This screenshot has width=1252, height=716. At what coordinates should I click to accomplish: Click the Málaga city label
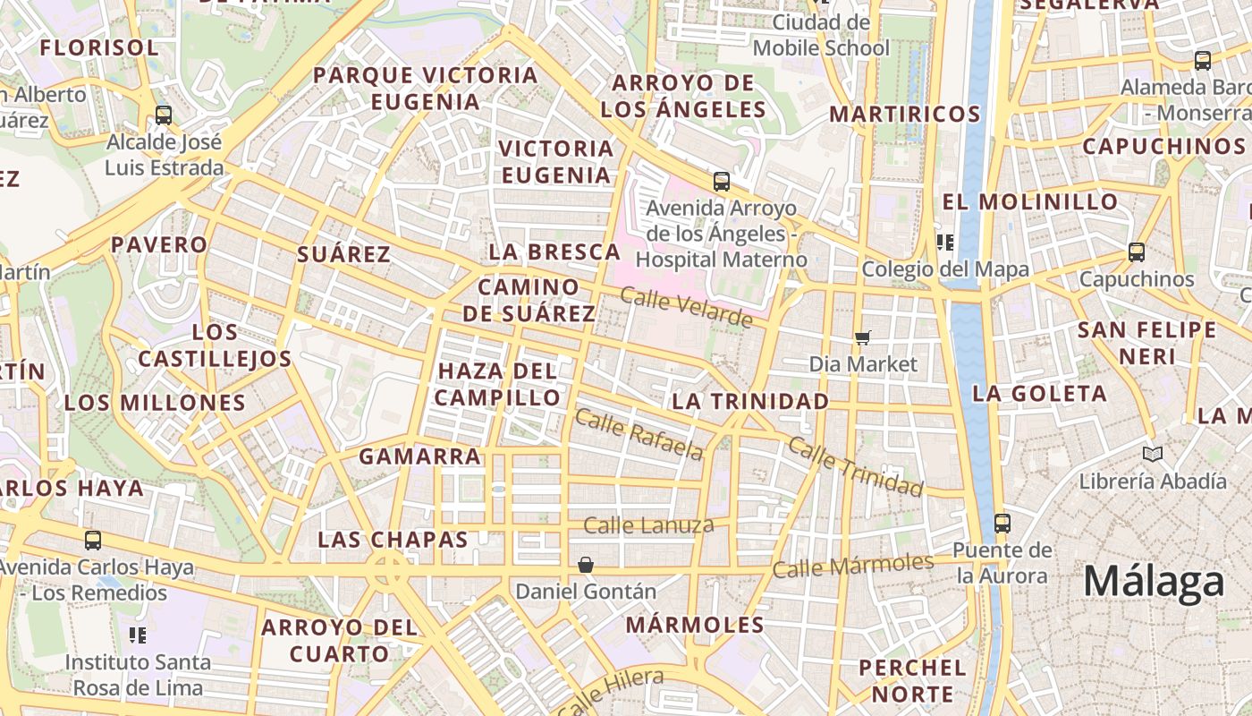1154,583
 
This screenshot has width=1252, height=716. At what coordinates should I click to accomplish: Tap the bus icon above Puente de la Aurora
1002,523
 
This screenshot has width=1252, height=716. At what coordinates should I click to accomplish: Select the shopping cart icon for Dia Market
863,337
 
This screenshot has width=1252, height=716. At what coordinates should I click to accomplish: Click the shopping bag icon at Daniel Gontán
585,565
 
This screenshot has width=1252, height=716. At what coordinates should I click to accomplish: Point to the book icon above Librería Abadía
1153,454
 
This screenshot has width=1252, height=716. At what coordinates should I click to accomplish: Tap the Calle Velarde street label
687,308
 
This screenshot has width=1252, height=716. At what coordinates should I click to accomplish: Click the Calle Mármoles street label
853,566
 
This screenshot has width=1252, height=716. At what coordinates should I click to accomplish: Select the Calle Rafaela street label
639,434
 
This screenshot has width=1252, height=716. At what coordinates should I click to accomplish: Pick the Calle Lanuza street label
648,525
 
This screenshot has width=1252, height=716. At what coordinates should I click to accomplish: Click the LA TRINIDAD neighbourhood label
750,402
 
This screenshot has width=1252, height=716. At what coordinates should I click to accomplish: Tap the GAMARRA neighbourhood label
420,456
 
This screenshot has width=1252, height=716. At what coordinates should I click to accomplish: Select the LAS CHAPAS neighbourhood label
393,540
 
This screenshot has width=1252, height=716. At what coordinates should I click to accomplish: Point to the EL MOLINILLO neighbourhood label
1030,201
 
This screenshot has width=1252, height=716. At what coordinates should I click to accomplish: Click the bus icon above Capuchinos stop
1136,252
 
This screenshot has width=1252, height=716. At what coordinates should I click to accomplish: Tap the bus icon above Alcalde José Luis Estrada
163,115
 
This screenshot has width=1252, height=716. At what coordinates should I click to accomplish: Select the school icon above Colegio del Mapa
944,243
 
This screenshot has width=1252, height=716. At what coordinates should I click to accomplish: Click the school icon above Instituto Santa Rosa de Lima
138,635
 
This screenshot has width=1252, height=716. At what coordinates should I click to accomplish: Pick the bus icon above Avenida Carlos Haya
93,540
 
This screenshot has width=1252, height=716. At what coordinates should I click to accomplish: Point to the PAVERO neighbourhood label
159,244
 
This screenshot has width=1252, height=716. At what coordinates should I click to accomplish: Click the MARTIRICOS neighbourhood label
905,115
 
